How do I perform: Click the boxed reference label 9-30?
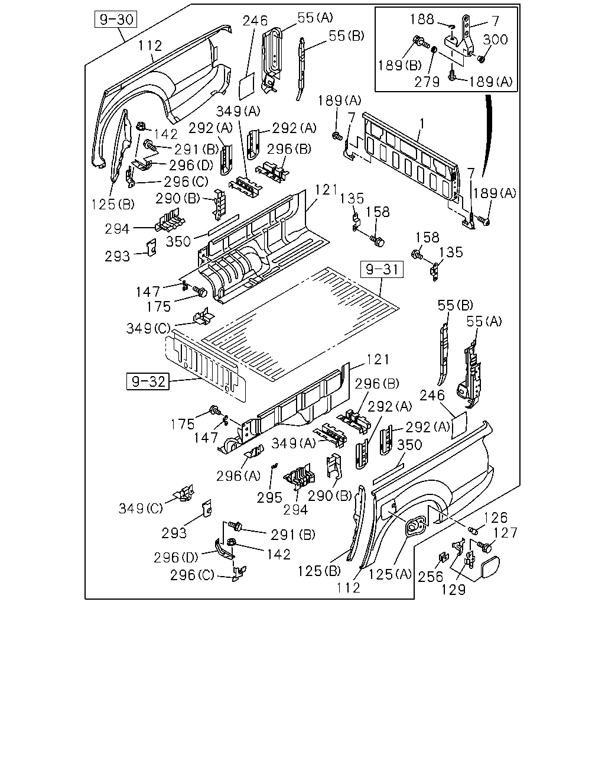116,20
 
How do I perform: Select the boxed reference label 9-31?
382,270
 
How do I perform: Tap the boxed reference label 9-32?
148,381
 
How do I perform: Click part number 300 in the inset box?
495,40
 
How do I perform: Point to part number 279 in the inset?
427,82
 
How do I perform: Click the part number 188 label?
422,20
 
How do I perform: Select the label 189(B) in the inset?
400,65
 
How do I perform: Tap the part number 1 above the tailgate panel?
422,124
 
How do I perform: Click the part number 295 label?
269,498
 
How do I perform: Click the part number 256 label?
431,577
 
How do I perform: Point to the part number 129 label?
454,590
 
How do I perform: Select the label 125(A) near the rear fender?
390,574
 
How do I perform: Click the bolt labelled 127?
486,546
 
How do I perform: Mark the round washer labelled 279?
434,50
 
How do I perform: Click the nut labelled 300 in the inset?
481,59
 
